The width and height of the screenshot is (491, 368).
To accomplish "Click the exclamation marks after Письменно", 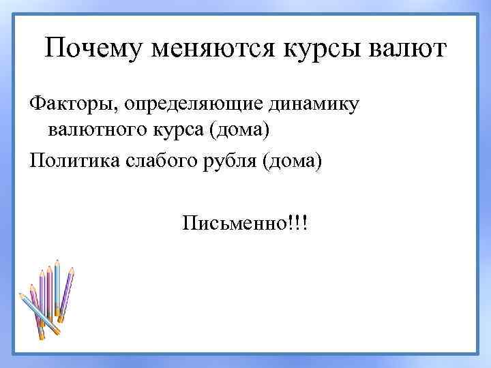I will point(297,223).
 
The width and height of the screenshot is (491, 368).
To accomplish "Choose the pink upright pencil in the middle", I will point(49,293).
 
